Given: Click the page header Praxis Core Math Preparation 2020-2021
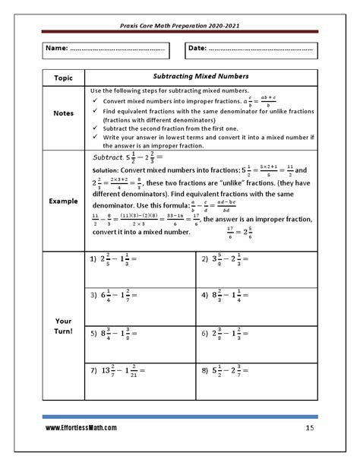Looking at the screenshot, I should tap(180, 24).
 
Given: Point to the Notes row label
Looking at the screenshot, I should tap(64, 113).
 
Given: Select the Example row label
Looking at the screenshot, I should tap(64, 202).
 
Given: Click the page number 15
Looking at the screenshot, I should tap(310, 429).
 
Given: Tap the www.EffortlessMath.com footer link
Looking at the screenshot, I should tap(81, 429).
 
